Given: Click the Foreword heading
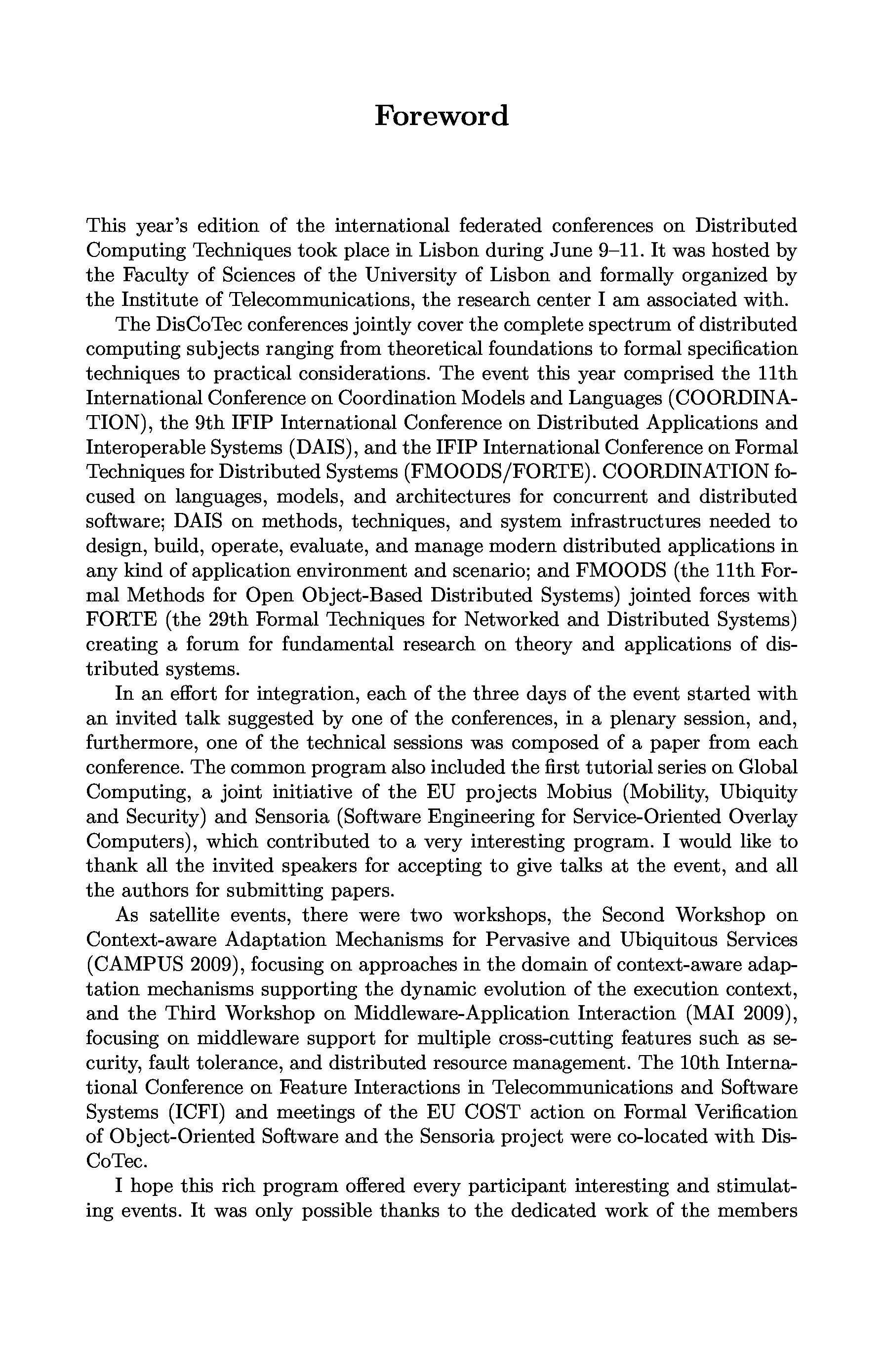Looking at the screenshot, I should click(442, 116).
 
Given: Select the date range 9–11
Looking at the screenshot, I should click(620, 251).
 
